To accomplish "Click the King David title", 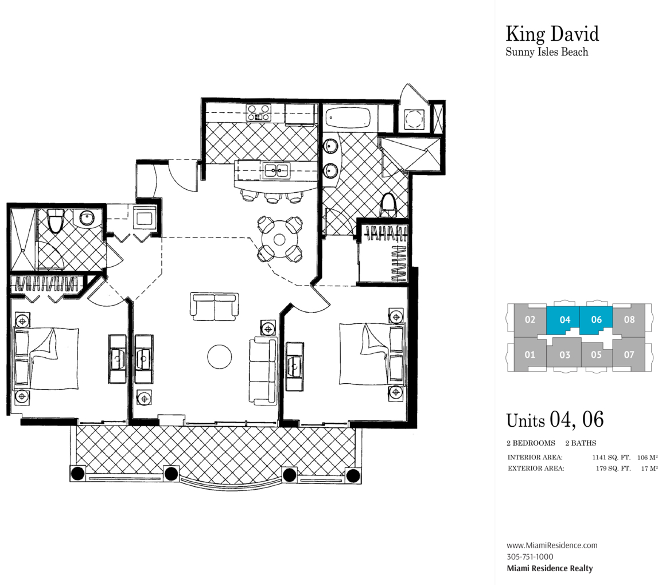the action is tap(552, 34).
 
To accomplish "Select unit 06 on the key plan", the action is tap(596, 320).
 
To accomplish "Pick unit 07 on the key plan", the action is tap(629, 354).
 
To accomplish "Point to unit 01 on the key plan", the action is tap(530, 354).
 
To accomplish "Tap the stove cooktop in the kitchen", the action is tap(259, 113).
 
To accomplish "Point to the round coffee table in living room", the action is tap(220, 357).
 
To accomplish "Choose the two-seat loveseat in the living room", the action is tap(215, 306).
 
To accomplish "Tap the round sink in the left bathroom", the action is tap(87, 218).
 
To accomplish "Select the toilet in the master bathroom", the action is tap(388, 205).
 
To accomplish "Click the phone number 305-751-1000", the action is tap(530, 557).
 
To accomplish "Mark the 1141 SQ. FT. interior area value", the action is tap(612, 458).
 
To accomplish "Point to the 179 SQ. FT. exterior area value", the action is tap(613, 469).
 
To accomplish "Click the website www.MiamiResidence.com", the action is tap(552, 545).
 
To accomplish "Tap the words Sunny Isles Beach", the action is tap(547, 52).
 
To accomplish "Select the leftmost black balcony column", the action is tap(78, 473).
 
